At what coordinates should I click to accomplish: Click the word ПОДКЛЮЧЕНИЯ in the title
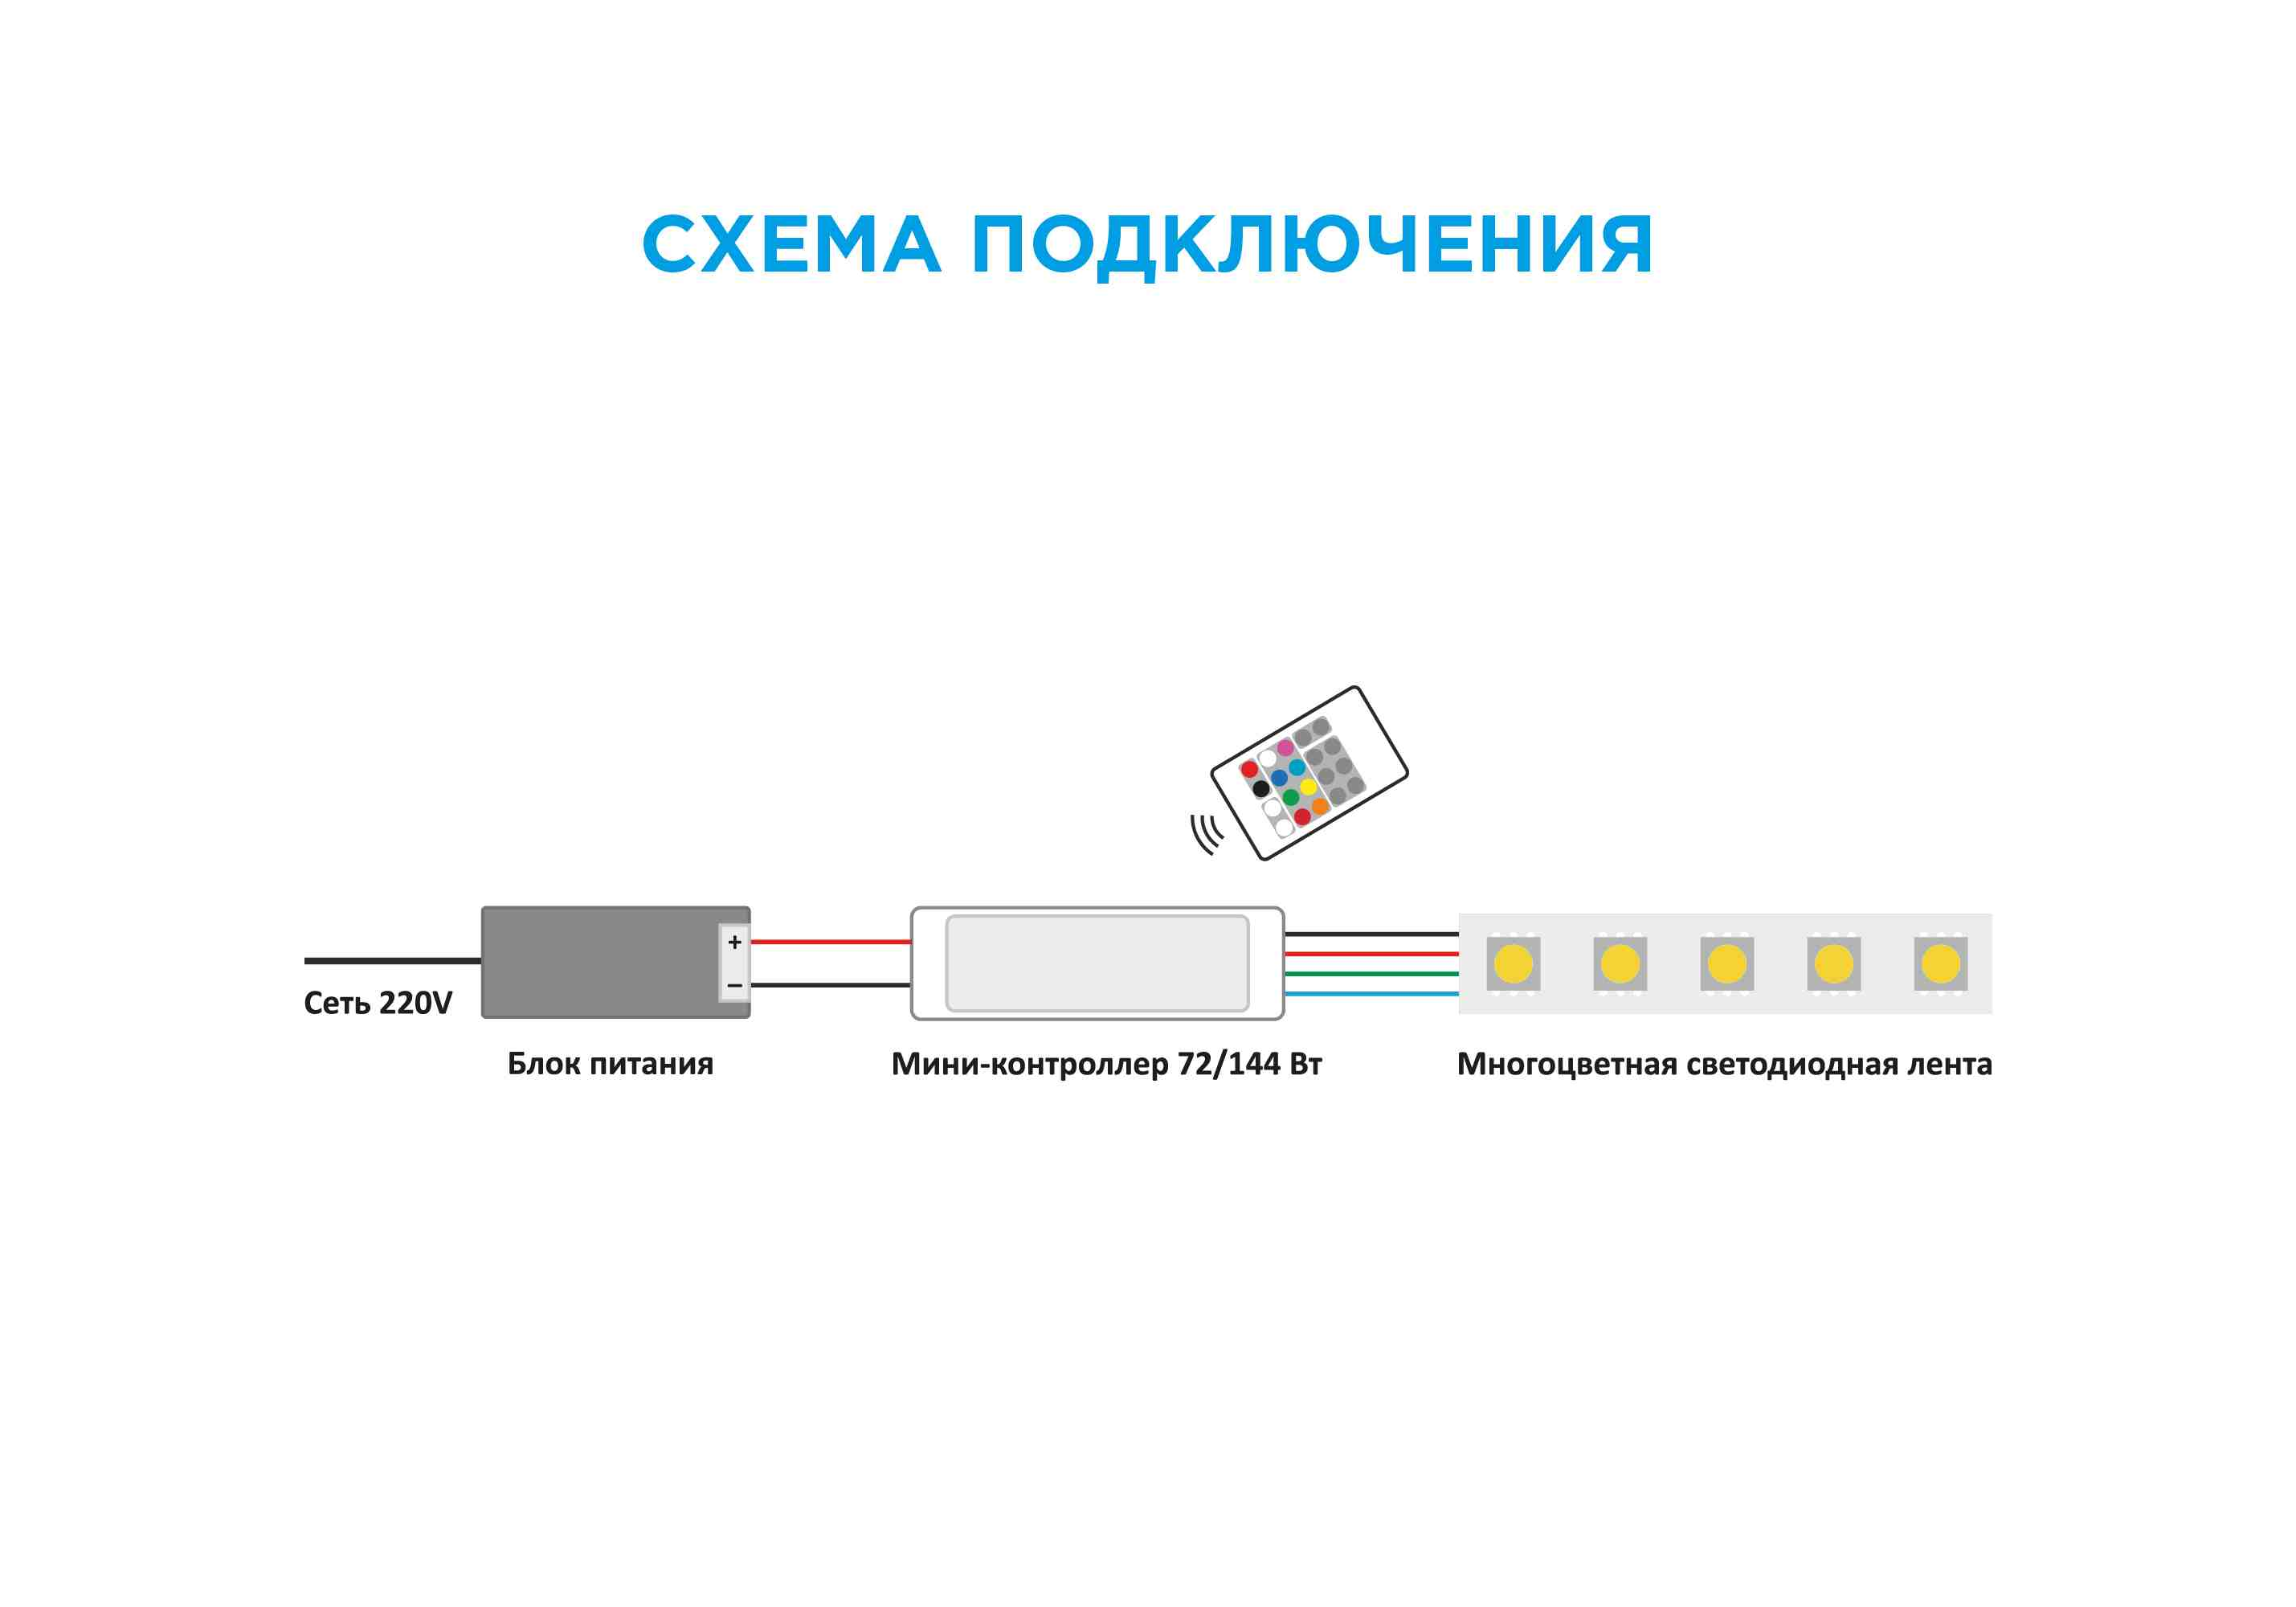point(1311,245)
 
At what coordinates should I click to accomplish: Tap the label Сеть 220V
point(378,1003)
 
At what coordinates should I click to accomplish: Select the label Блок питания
point(610,1064)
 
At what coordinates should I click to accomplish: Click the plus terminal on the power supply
point(735,942)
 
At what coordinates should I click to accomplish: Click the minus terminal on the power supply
point(735,986)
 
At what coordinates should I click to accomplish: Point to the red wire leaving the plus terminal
point(830,942)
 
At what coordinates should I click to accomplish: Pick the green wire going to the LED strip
point(1370,973)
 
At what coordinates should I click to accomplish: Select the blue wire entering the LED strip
point(1370,994)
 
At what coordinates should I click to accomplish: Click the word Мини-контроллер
point(1030,1064)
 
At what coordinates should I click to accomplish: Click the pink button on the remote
point(1285,748)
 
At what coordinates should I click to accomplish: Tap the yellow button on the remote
point(1308,787)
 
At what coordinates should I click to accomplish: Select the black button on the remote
point(1261,789)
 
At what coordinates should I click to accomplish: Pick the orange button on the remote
point(1320,806)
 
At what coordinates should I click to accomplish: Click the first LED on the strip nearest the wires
point(1513,964)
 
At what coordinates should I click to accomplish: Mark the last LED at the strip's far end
point(1941,964)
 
